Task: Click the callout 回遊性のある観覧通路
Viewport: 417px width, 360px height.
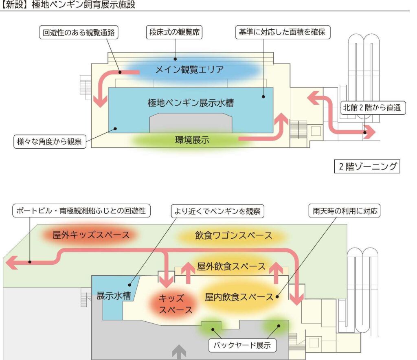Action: click(79, 33)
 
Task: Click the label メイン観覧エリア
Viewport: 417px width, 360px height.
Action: click(189, 70)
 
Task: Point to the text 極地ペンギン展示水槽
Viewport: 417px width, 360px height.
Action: click(190, 103)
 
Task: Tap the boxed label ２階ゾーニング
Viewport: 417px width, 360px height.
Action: click(367, 167)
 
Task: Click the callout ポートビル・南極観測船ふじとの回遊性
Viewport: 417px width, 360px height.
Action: click(81, 211)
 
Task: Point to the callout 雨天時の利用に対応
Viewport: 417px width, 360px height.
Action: click(346, 211)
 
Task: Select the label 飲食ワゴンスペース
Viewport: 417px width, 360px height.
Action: click(233, 235)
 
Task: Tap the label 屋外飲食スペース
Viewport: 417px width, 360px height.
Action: click(231, 267)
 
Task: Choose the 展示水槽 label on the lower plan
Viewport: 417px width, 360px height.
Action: click(114, 296)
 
